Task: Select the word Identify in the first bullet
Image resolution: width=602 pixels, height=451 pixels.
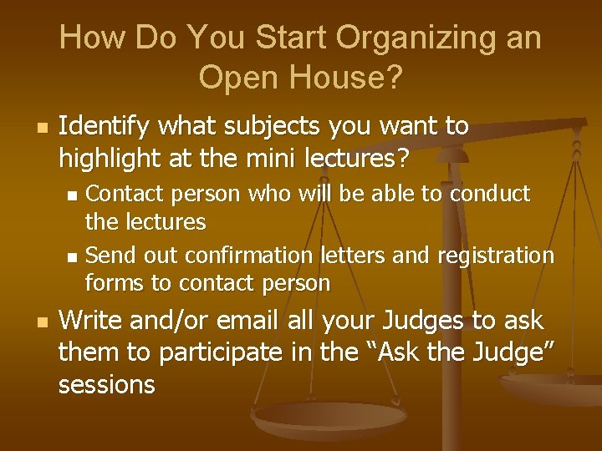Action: (x=104, y=127)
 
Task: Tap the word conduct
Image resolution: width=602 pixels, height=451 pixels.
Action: (x=490, y=194)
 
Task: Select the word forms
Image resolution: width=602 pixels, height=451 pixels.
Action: (x=115, y=284)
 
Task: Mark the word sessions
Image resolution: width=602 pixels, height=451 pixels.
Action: (x=106, y=385)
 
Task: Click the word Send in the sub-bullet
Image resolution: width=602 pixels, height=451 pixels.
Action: (x=106, y=255)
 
